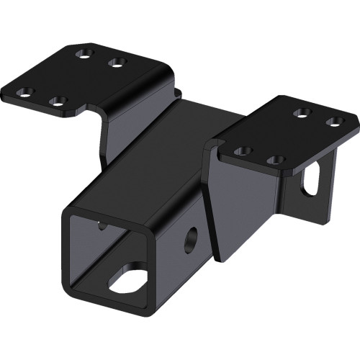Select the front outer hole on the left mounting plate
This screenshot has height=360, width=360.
(27, 91)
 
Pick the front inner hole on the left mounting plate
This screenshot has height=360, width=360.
(60, 102)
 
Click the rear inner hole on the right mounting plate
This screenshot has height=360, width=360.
(303, 112)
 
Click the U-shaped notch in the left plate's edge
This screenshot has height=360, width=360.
(93, 111)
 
